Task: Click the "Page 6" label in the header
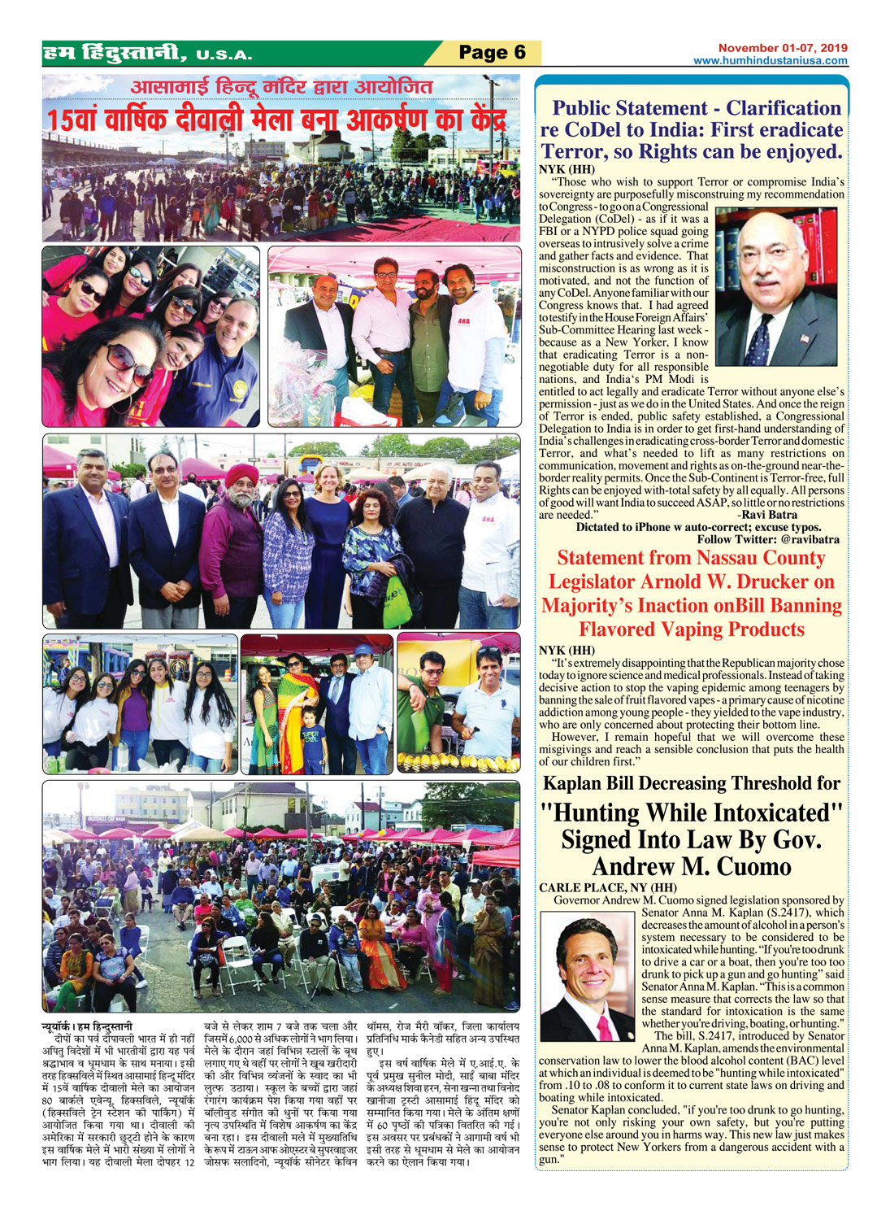492,53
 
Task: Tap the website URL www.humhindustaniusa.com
770,61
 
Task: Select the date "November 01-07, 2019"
782,48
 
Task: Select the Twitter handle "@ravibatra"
810,539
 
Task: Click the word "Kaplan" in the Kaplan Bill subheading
580,783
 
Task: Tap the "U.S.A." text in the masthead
224,56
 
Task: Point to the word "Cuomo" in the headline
740,866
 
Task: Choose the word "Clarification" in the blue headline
784,108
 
